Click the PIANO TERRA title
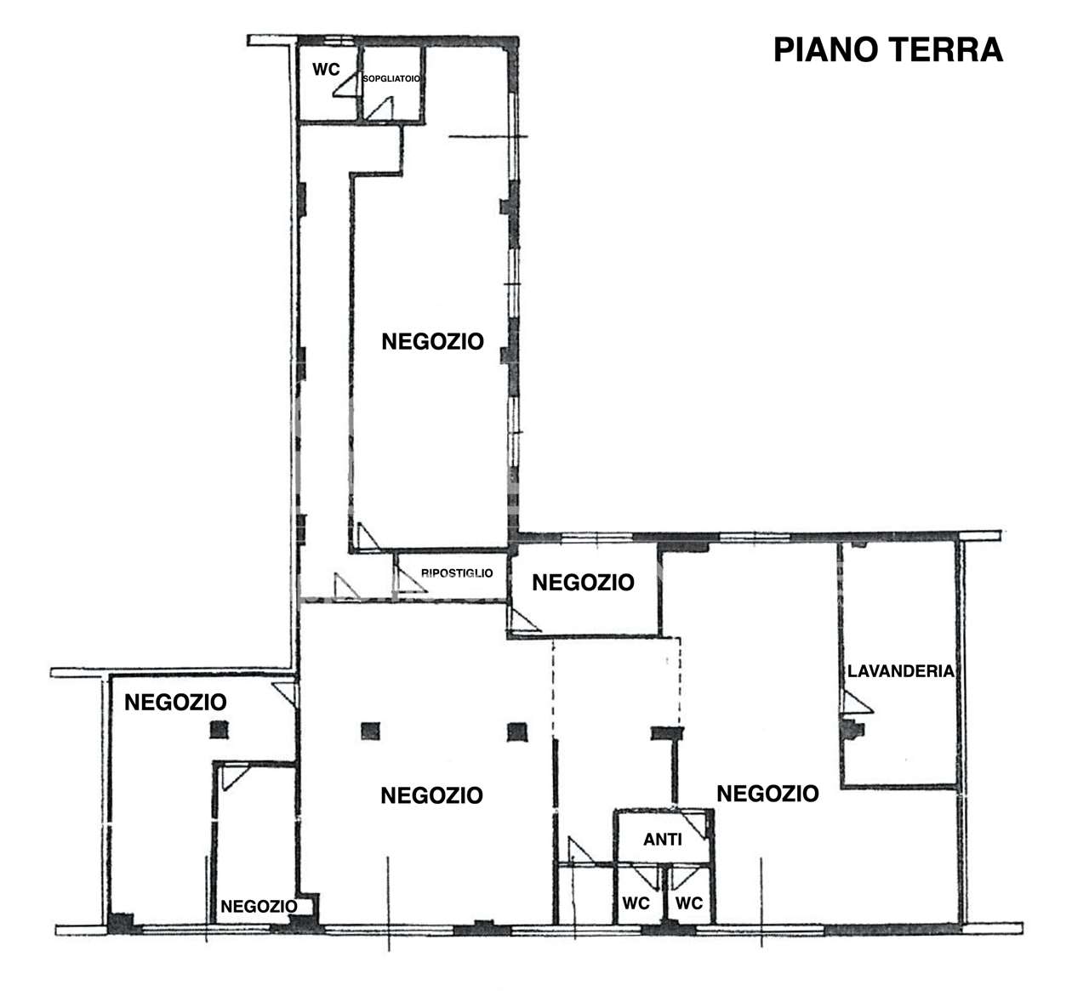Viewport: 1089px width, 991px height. (x=888, y=50)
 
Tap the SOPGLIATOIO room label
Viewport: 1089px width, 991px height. (x=391, y=79)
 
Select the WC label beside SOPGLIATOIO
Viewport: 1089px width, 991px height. (x=326, y=70)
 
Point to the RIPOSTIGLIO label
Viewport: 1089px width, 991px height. (x=457, y=572)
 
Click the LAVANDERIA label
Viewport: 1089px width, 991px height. (x=901, y=671)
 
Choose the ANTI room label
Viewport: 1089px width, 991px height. (x=662, y=840)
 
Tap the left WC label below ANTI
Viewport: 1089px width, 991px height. (x=636, y=903)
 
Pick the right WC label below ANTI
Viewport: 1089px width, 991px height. (x=689, y=903)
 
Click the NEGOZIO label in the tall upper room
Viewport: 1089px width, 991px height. (x=433, y=342)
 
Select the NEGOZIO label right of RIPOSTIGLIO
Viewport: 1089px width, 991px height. (x=583, y=583)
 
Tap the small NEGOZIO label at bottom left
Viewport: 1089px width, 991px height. (x=259, y=906)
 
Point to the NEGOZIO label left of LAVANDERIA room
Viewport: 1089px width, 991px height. (x=767, y=794)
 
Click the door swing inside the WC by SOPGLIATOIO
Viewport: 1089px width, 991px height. (x=345, y=85)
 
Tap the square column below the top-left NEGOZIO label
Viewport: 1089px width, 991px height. (x=220, y=730)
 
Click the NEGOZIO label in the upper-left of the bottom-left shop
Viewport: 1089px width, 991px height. (x=175, y=702)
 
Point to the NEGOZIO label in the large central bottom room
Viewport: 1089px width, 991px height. (x=431, y=795)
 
